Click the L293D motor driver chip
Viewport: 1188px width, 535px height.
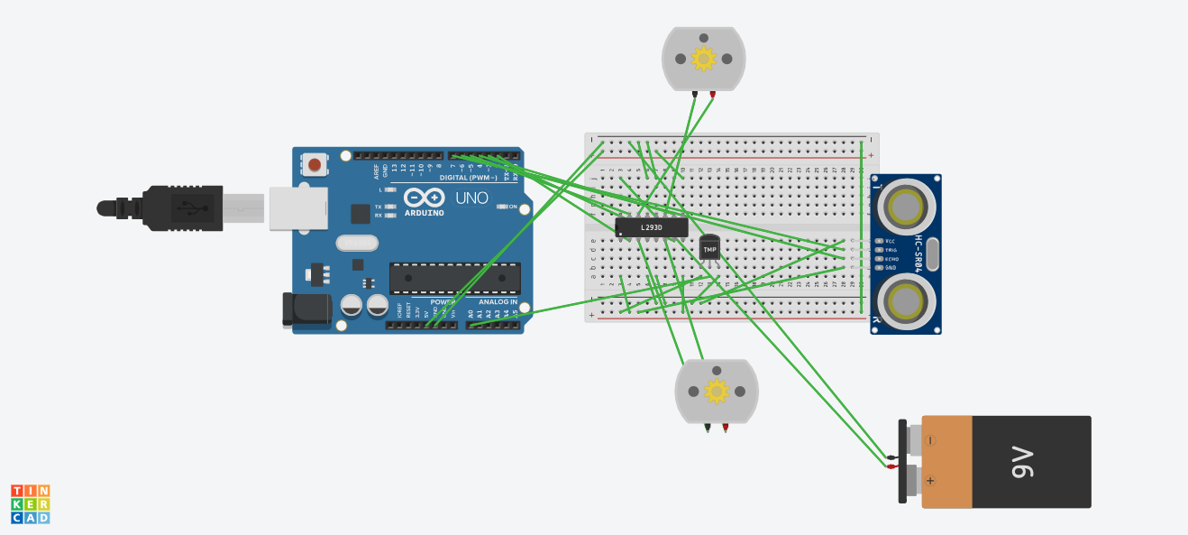[651, 227]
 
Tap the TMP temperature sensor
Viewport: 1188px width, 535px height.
[710, 248]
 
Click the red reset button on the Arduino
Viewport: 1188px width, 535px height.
[315, 164]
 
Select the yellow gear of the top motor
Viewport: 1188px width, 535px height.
[703, 60]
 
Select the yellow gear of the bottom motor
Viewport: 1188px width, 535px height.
[717, 392]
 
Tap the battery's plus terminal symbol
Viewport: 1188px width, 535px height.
[930, 482]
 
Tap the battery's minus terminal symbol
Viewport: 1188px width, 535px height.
[930, 440]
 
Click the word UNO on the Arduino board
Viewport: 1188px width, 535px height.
[471, 198]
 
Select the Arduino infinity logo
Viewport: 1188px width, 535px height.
[425, 198]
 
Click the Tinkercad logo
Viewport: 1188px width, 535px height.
[31, 503]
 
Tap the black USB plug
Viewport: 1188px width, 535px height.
[180, 208]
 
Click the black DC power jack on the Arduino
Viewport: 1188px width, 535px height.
[306, 309]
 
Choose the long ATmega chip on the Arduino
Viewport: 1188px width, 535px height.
[454, 278]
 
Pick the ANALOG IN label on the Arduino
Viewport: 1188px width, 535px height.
[498, 301]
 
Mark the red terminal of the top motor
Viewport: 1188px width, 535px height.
[713, 94]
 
